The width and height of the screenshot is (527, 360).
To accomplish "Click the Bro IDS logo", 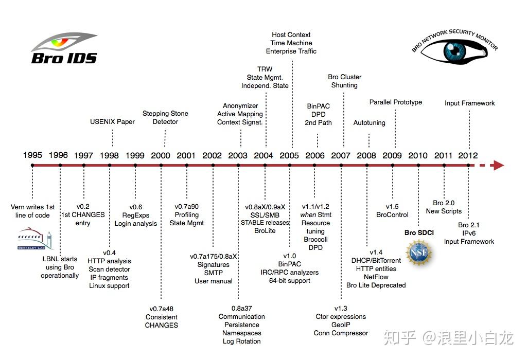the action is coord(64,48).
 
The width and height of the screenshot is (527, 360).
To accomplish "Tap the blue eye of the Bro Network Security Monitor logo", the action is coord(454,51).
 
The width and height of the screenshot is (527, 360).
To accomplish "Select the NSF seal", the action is coord(418,253).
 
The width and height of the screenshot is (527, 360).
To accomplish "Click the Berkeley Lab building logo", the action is coord(35,239).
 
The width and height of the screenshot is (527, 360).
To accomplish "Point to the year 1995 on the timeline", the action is coord(32,155).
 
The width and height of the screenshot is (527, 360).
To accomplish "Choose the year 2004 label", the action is coord(263,155).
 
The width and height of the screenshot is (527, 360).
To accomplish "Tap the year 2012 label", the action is coord(468,155).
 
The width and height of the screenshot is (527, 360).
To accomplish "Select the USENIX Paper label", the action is coord(112,121).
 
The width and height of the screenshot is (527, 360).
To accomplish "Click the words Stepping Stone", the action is coord(165,114).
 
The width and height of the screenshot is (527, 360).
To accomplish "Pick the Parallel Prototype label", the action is coord(396,102).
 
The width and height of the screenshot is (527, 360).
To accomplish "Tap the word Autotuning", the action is coord(369,122).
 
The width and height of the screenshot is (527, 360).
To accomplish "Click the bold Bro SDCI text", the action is coord(419,233).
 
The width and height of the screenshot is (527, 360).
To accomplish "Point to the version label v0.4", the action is coord(109,253).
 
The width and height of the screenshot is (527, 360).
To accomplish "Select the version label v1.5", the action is coord(392,207).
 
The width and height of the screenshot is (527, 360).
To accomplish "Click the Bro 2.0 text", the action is coord(444,203).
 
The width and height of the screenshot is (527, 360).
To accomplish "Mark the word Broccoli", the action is coord(315,240).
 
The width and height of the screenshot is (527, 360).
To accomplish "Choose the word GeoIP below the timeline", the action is coord(341,325).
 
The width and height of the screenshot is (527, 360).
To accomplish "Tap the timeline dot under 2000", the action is coord(161,165).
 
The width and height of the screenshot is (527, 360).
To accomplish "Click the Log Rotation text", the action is coord(242,341).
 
